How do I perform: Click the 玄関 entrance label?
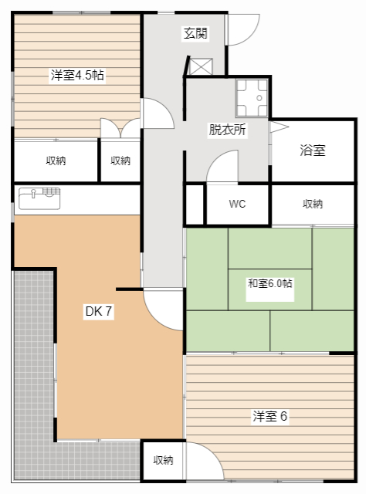(195, 33)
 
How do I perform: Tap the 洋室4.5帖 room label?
(77, 76)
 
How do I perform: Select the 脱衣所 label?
(228, 130)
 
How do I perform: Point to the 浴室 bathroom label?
(313, 151)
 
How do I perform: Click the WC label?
(237, 204)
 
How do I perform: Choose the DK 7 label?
(99, 311)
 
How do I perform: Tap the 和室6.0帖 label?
(269, 283)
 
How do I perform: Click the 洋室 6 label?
(269, 416)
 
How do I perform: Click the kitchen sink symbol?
(39, 198)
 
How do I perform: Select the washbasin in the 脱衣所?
(252, 98)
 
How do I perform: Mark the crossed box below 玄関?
(201, 66)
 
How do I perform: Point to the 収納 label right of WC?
(313, 204)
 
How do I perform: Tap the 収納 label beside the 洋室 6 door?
(163, 460)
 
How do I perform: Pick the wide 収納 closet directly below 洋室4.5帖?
(56, 161)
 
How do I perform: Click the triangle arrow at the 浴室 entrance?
(279, 127)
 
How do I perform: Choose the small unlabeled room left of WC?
(195, 205)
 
